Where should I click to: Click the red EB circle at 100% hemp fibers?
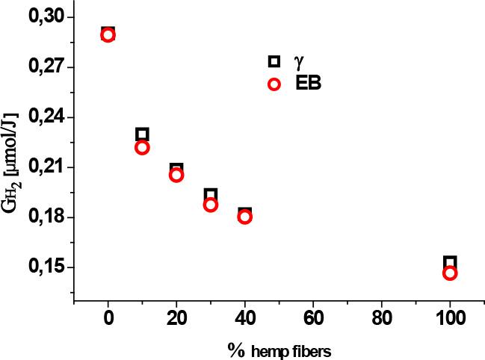(450, 273)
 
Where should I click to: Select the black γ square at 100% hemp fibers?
(450, 262)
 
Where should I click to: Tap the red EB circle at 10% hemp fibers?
(142, 147)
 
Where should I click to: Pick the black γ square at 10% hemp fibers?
(142, 134)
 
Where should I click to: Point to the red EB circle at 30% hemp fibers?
(211, 205)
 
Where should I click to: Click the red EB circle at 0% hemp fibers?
(108, 35)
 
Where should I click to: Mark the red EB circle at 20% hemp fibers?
(176, 175)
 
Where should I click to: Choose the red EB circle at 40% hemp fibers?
(244, 217)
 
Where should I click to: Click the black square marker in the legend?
(274, 61)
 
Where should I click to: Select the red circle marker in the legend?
(274, 84)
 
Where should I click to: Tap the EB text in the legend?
(308, 84)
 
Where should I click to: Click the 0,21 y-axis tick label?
(46, 167)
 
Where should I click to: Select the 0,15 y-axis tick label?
(46, 267)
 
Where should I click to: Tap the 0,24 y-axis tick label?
(46, 117)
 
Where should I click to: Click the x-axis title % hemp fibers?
(279, 349)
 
